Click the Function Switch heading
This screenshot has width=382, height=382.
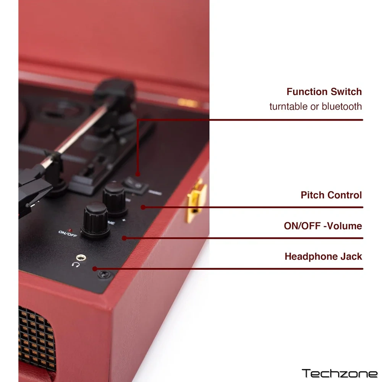pos(324,92)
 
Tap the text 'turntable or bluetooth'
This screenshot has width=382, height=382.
pos(316,107)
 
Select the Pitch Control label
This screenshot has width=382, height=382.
pos(331,195)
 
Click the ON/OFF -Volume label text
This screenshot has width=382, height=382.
pos(323,226)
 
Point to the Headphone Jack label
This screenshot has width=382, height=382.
pos(323,257)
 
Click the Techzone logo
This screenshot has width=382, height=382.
pos(340,373)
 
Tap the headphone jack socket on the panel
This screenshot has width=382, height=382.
pos(81,257)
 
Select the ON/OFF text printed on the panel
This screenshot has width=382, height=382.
pos(68,234)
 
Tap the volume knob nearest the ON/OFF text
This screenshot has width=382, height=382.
pos(95,220)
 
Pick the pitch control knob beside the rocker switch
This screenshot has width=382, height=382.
pos(114,199)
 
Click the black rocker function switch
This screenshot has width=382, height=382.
pos(135,185)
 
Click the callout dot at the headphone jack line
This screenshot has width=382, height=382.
pos(95,269)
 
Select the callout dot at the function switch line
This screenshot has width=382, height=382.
pos(138,174)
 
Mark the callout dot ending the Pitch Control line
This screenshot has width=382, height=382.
pos(143,207)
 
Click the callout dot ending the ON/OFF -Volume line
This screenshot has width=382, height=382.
pos(124,238)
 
